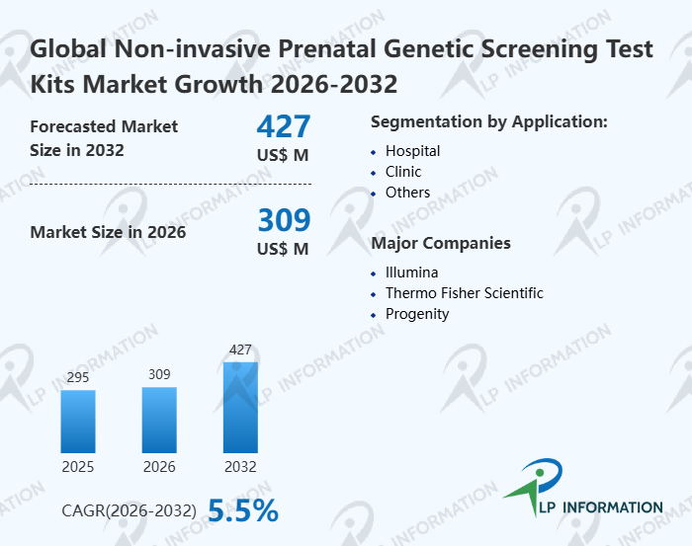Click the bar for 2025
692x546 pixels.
tap(78, 422)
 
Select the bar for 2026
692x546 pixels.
tap(159, 420)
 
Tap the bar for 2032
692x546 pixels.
tap(240, 407)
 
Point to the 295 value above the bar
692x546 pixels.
tap(78, 378)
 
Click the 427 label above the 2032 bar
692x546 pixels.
tap(240, 350)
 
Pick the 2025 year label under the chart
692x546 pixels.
tap(78, 466)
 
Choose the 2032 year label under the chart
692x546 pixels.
tap(240, 466)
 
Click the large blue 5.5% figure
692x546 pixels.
tap(243, 509)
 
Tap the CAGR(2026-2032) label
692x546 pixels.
tap(129, 510)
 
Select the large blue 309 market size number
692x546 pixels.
tap(284, 219)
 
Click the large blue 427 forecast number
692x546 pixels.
tap(284, 126)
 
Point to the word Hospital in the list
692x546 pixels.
tap(412, 151)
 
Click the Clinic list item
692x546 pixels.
tap(403, 172)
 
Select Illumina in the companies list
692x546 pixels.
tap(411, 273)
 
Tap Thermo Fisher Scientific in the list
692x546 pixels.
tap(464, 293)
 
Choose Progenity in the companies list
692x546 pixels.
tap(417, 314)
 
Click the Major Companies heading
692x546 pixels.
tap(440, 243)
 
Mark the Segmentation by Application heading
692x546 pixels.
tap(488, 122)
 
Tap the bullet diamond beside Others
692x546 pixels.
tap(374, 194)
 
